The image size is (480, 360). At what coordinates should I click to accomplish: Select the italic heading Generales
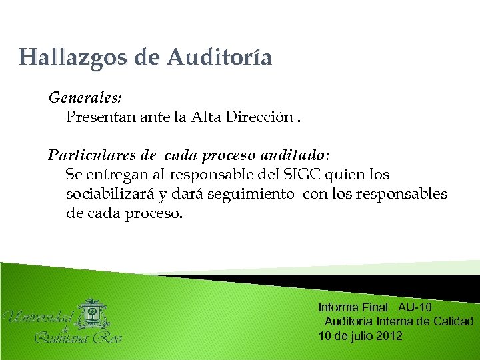point(85,97)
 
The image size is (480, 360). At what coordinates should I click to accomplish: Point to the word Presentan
point(101,117)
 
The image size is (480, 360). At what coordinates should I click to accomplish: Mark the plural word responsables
point(405,194)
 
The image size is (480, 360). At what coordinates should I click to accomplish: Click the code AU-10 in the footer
point(415,307)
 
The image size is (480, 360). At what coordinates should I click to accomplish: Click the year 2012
point(389,335)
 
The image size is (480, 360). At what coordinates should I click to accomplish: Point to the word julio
point(361,335)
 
